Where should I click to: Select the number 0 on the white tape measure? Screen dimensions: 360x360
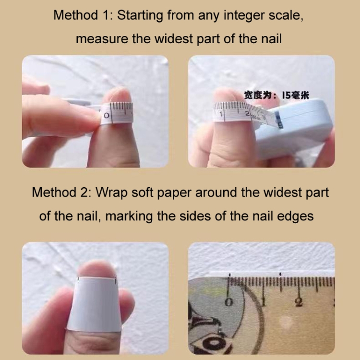pyautogui.click(x=106, y=115)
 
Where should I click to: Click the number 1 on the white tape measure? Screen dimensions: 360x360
pyautogui.click(x=221, y=114)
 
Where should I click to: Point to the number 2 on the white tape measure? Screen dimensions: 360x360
pyautogui.click(x=247, y=113)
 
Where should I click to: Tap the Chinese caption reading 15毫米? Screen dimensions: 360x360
pyautogui.click(x=296, y=95)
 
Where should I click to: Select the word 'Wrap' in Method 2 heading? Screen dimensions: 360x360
pyautogui.click(x=111, y=192)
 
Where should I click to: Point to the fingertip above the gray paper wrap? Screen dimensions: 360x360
pyautogui.click(x=96, y=269)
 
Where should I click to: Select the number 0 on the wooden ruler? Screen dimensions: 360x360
pyautogui.click(x=228, y=302)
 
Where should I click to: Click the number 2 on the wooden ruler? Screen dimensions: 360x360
pyautogui.click(x=299, y=302)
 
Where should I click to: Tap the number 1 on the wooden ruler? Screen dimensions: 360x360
pyautogui.click(x=264, y=302)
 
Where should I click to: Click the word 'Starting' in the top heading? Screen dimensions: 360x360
pyautogui.click(x=140, y=16)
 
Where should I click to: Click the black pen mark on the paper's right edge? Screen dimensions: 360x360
pyautogui.click(x=116, y=280)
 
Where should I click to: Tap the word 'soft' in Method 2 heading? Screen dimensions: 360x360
pyautogui.click(x=142, y=192)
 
